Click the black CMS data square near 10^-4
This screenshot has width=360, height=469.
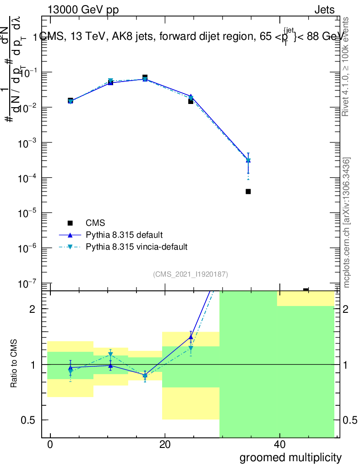click(x=248, y=191)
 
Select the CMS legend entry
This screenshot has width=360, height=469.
click(x=95, y=223)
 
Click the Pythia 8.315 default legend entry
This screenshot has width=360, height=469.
click(x=124, y=235)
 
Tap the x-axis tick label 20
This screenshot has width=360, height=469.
click(x=164, y=445)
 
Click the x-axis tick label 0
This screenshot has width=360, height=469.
click(x=50, y=445)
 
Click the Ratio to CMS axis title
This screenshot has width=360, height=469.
click(x=15, y=364)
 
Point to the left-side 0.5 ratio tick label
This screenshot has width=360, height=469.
click(x=28, y=420)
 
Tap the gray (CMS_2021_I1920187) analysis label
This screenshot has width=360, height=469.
click(x=191, y=274)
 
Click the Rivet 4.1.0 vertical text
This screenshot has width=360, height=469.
click(x=346, y=66)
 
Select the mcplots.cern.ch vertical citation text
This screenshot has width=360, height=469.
click(x=347, y=222)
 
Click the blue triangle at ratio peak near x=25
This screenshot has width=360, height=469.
click(x=191, y=337)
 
